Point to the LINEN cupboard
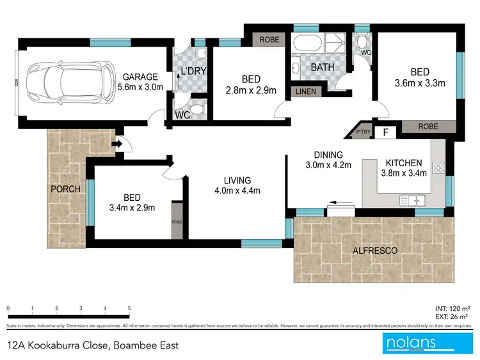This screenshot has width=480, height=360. [x=305, y=91]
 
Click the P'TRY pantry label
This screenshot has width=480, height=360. [x=355, y=132]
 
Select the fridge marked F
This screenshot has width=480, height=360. [x=385, y=132]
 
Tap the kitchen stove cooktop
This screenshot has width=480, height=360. [x=439, y=169]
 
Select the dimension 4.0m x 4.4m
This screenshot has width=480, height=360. [x=233, y=191]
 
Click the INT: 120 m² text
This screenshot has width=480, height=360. [x=452, y=308]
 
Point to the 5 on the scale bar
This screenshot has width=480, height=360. [x=129, y=308]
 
